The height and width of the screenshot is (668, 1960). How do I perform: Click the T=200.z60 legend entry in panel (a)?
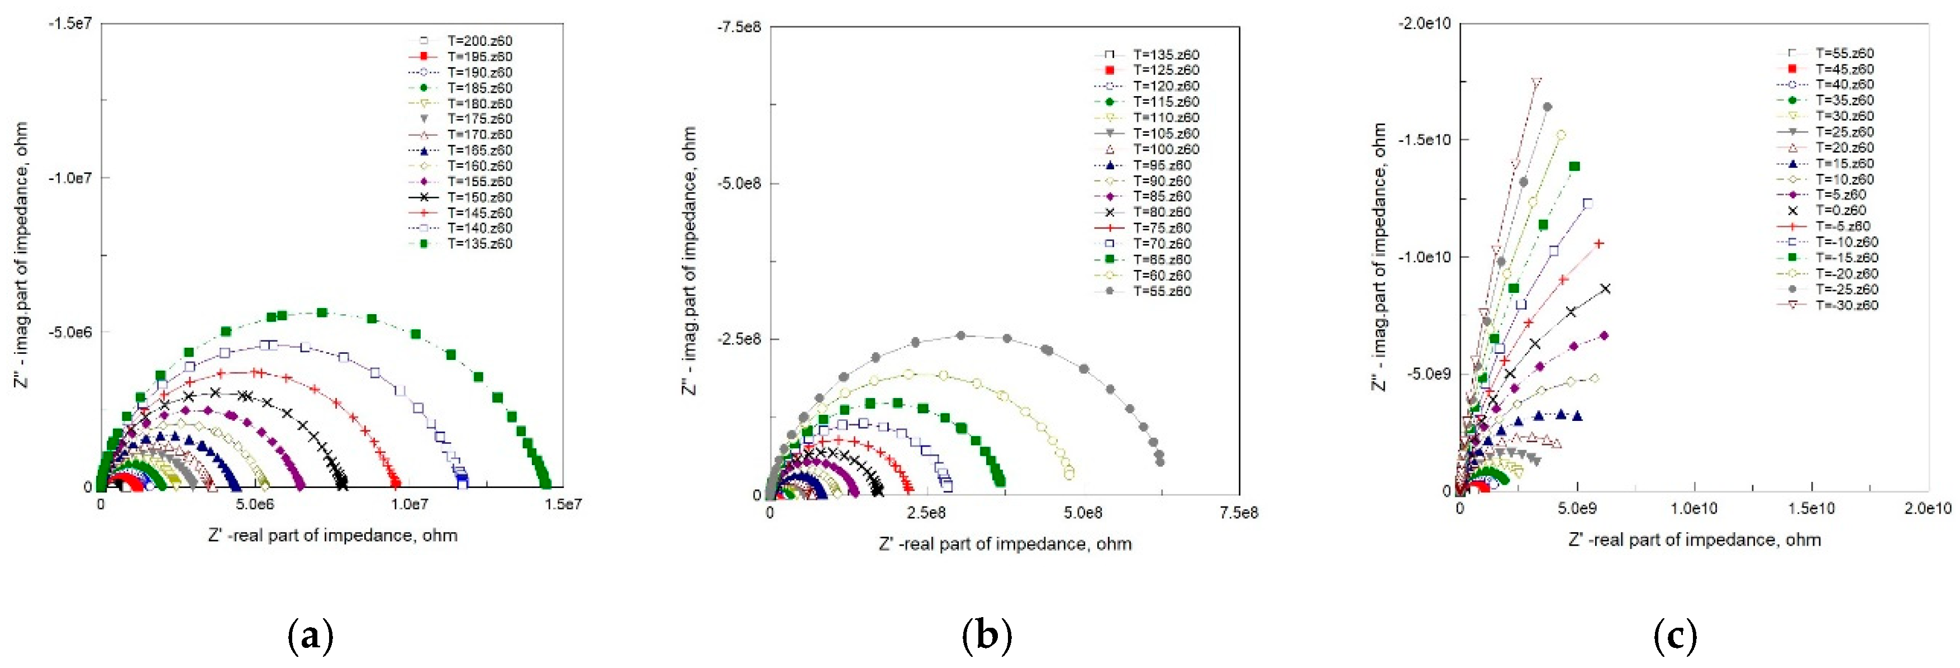pos(479,41)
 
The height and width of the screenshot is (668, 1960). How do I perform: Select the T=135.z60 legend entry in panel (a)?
pos(479,244)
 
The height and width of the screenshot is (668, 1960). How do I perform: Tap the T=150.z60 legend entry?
pos(479,197)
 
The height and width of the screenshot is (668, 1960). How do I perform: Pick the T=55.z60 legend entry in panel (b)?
pos(1162,291)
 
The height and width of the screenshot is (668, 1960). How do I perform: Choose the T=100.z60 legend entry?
pos(1165,149)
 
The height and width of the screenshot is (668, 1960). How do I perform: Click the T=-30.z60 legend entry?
pos(1847,305)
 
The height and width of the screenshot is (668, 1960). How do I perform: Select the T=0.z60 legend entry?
pos(1840,210)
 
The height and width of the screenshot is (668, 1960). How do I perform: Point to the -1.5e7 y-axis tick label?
pos(70,23)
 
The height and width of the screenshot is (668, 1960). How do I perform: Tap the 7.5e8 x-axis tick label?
pos(1238,513)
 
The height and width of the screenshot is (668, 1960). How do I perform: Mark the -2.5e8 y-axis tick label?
pos(739,339)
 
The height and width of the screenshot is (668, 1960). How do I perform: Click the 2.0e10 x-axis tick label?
pos(1927,508)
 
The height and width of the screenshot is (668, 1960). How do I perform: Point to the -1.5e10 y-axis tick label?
pos(1424,140)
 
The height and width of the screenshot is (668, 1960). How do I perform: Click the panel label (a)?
pos(311,635)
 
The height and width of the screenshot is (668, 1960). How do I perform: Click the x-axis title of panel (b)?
pos(1005,544)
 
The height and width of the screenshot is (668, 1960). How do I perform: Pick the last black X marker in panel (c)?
pos(1605,289)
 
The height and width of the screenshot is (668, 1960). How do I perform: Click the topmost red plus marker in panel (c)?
pos(1599,244)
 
